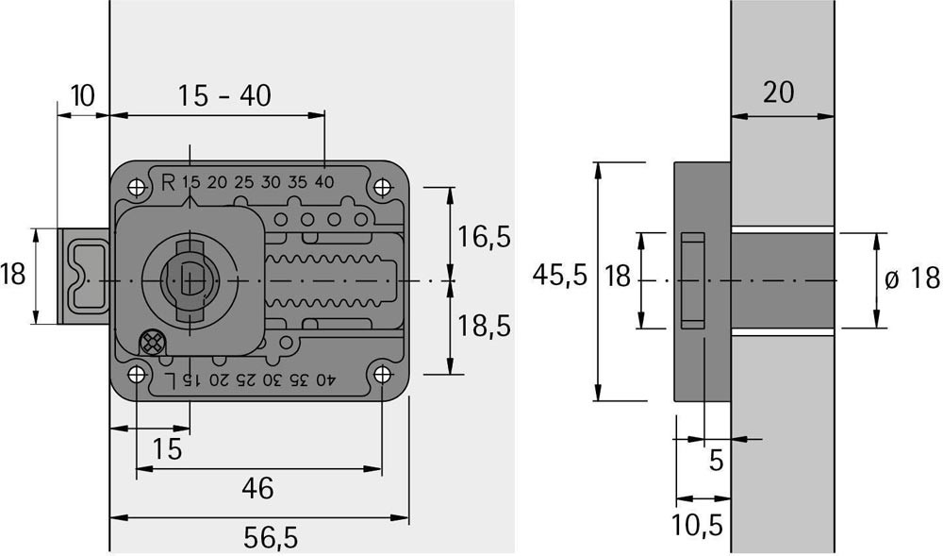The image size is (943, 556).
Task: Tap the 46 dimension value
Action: tap(257, 488)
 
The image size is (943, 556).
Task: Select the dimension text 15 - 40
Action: tap(225, 95)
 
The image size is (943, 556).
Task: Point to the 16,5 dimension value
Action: tap(485, 236)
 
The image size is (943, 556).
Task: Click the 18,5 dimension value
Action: tap(485, 327)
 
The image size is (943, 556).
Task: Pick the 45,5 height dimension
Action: tap(560, 276)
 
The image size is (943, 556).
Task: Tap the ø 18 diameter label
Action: tap(913, 279)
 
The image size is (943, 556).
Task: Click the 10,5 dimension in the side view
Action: tap(701, 525)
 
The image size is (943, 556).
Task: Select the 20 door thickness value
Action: tap(778, 93)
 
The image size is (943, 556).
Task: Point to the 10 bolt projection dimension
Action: tap(82, 94)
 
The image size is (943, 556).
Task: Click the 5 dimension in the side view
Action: tap(716, 461)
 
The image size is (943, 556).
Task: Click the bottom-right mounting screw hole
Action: tap(382, 375)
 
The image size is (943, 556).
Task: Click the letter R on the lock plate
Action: tap(168, 182)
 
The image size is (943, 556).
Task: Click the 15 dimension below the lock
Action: tap(167, 449)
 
